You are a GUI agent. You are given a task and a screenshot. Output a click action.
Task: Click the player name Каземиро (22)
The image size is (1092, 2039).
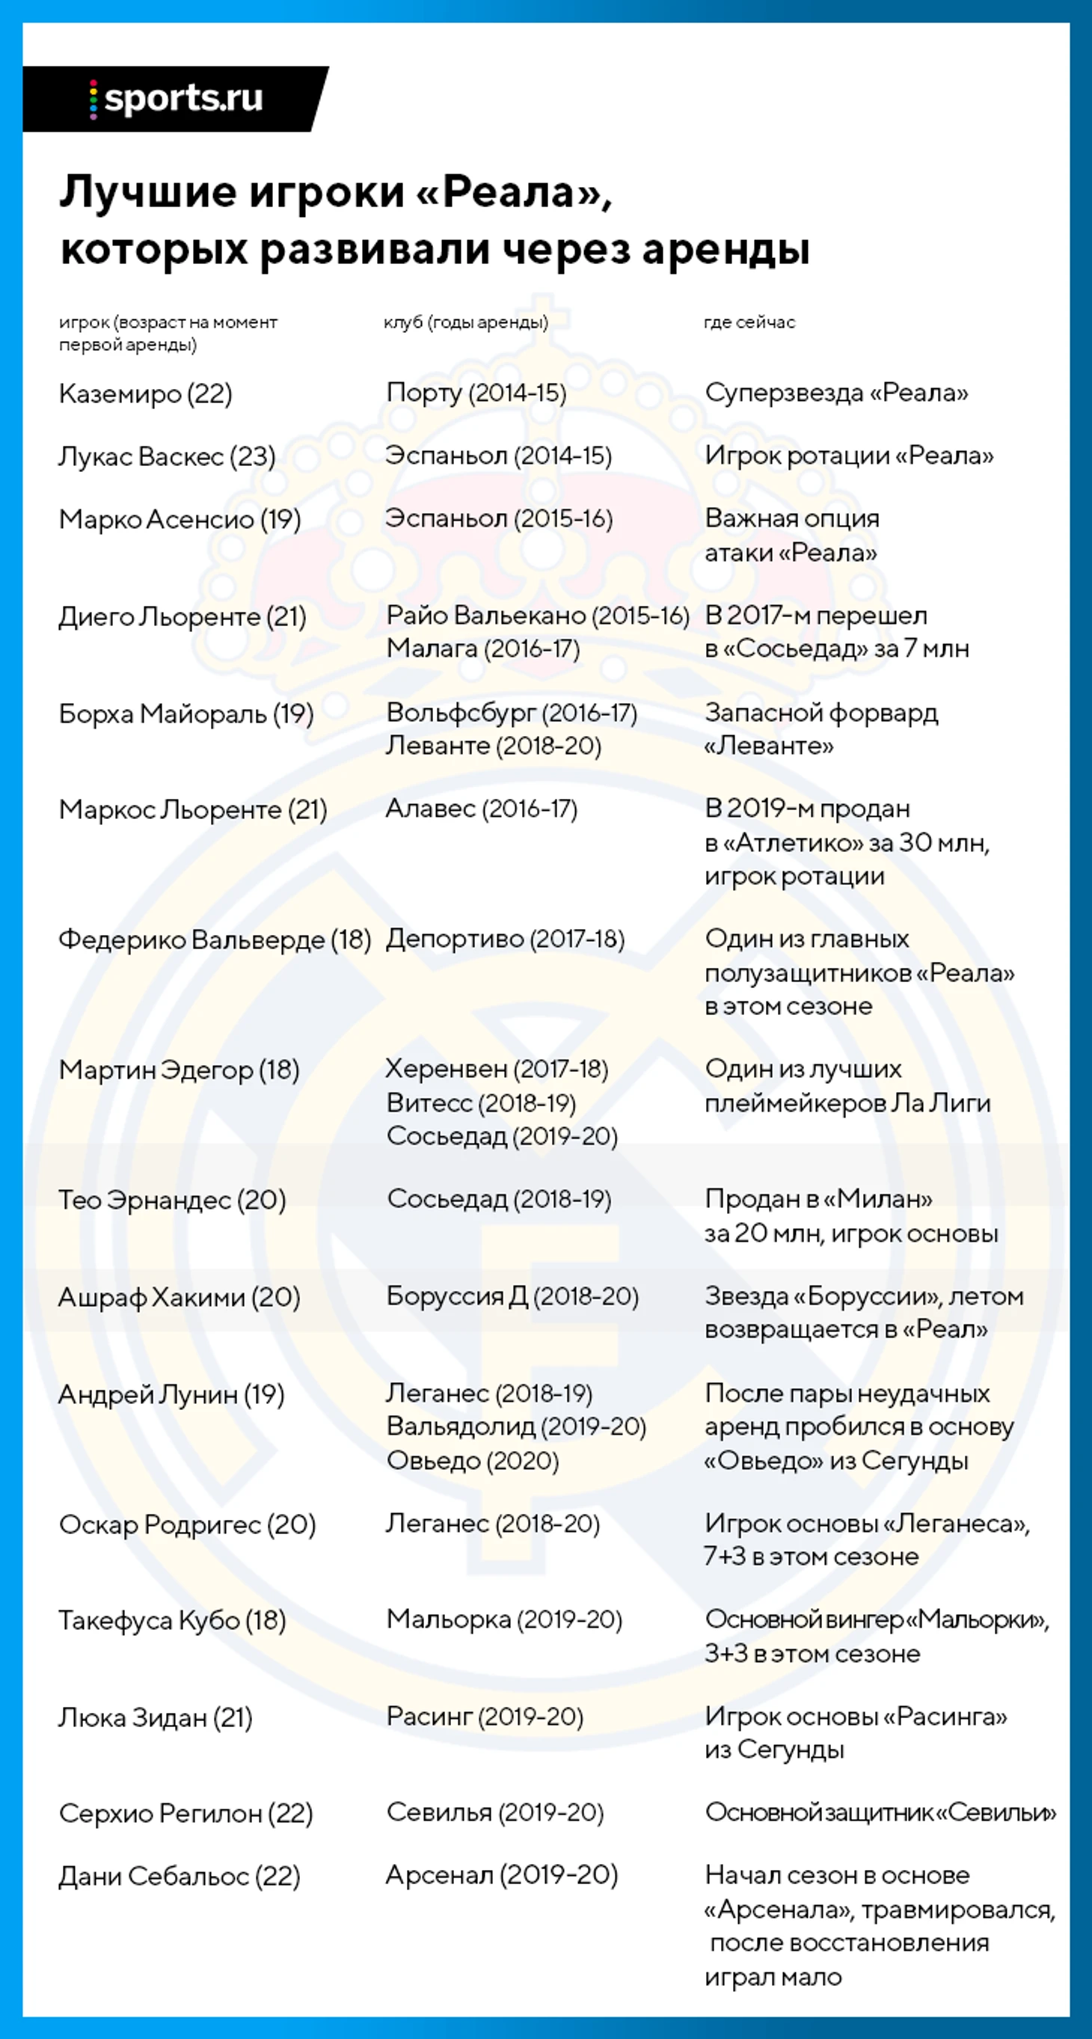(146, 393)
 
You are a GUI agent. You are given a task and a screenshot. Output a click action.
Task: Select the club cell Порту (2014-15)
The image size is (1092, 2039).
(476, 393)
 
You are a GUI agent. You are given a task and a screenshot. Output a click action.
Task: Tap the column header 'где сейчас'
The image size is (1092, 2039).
(749, 322)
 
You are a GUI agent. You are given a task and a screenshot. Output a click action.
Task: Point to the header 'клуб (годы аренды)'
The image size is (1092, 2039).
(465, 322)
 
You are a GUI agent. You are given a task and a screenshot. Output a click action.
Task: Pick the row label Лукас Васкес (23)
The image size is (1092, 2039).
(167, 457)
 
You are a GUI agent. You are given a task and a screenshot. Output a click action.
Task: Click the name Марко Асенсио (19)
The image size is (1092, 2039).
(180, 519)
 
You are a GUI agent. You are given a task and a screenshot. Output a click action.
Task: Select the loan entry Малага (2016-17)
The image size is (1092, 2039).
(482, 649)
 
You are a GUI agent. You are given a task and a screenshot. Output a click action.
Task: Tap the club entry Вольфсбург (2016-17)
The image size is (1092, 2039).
(511, 713)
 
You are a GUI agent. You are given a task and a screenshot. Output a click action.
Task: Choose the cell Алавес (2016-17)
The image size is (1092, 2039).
(481, 809)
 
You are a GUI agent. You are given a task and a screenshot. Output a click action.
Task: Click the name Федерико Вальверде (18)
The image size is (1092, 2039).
(215, 939)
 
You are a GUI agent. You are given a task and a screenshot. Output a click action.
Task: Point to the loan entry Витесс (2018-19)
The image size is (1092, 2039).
(480, 1103)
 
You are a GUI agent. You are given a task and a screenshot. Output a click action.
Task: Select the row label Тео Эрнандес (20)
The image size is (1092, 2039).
(172, 1200)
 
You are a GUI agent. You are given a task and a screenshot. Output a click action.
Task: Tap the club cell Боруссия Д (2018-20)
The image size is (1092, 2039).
(512, 1296)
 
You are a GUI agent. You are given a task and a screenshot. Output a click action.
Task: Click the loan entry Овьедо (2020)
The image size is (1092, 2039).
(473, 1460)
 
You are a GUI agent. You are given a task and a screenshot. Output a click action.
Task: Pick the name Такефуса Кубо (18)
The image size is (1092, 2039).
(172, 1620)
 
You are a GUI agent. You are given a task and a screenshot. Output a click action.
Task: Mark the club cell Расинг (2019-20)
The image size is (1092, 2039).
(484, 1716)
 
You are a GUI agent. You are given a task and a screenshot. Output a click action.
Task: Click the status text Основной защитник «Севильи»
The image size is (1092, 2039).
(880, 1812)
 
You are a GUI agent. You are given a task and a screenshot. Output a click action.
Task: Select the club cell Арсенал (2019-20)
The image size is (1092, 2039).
(501, 1875)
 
